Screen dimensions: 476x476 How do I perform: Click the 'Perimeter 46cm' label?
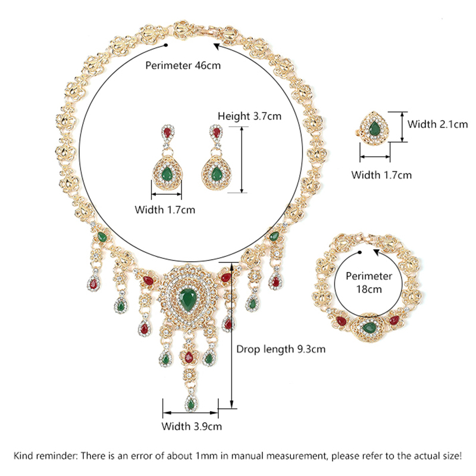(x=183, y=65)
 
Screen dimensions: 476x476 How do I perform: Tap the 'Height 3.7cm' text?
(x=249, y=117)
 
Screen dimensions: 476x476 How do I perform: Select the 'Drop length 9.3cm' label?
(x=281, y=350)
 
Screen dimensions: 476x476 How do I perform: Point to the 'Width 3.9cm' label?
(x=192, y=426)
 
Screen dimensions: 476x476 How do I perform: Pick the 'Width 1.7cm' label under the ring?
(x=381, y=175)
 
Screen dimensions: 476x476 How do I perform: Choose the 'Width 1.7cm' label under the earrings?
(x=165, y=209)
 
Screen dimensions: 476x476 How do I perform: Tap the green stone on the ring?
(x=375, y=127)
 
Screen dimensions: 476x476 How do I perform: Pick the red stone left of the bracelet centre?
(x=341, y=322)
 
